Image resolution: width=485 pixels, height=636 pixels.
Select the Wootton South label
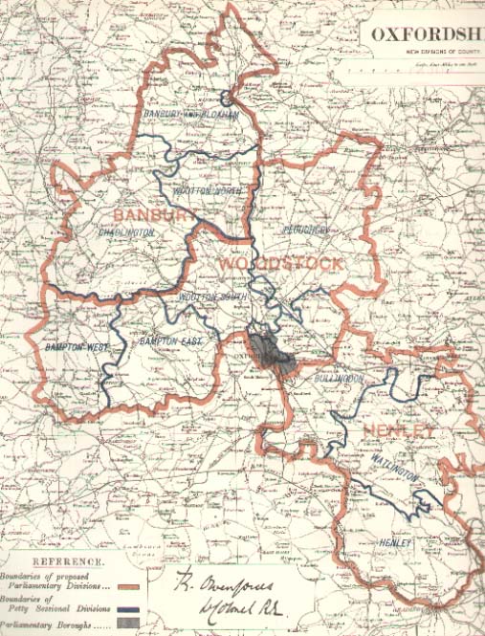coord(212,296)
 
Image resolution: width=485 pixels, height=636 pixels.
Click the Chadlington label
coord(125,231)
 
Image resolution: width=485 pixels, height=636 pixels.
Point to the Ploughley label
coord(306,230)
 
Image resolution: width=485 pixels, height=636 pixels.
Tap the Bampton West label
coord(77,346)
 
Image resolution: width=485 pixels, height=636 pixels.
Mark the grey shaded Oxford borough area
coord(273,355)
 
